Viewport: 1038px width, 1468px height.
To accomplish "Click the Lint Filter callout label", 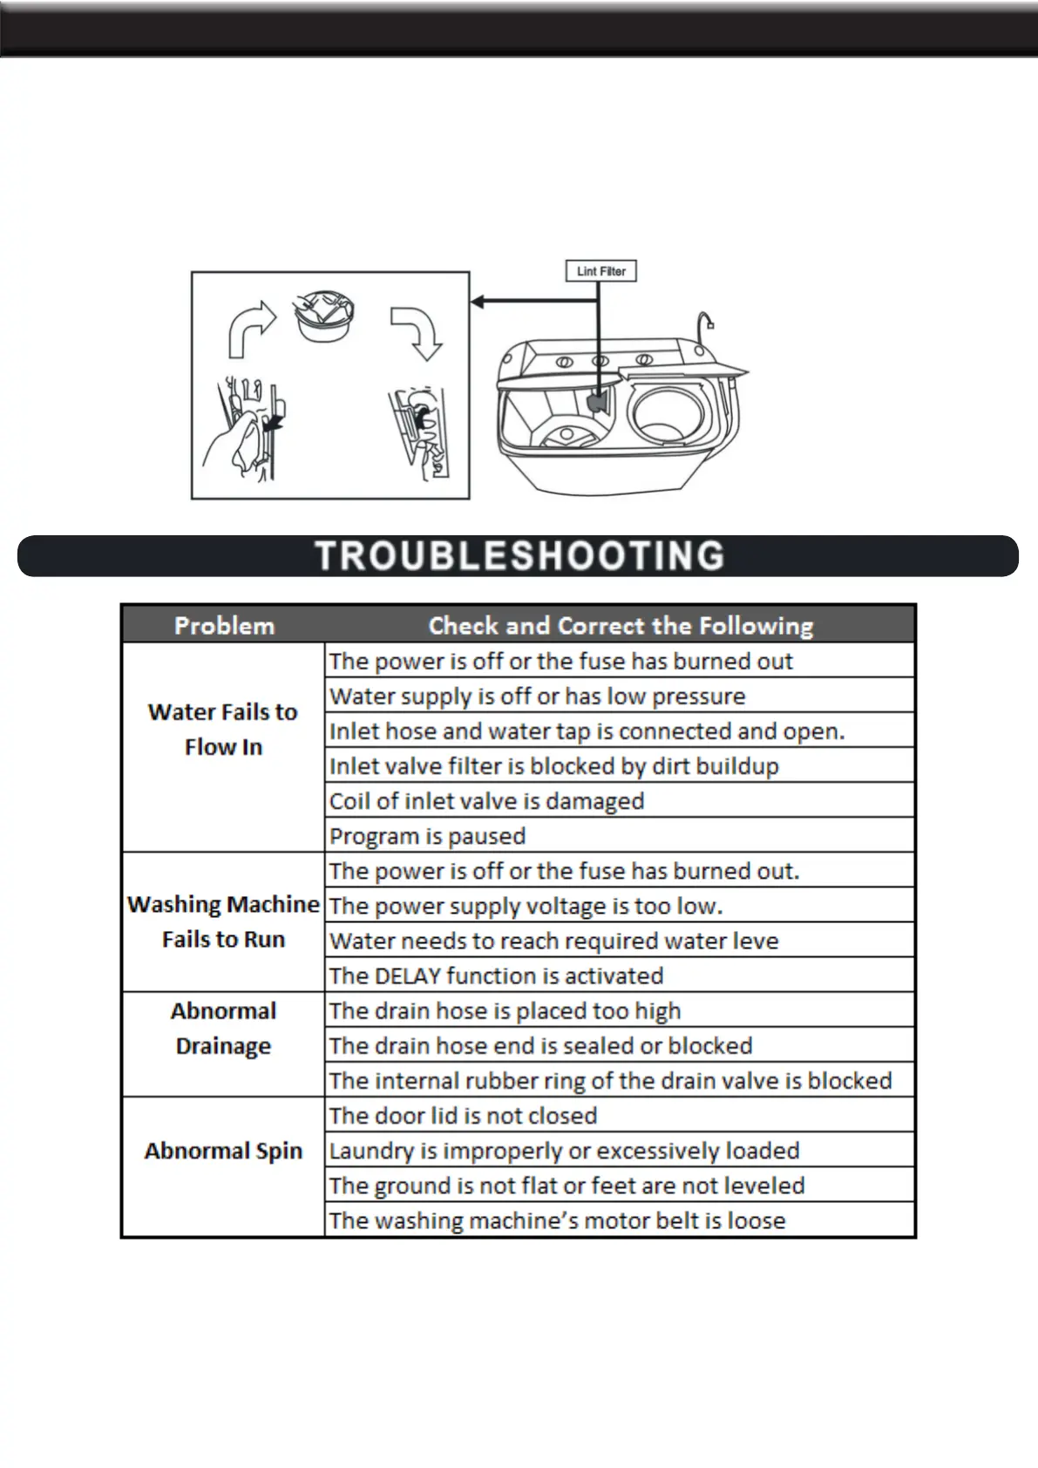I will point(601,271).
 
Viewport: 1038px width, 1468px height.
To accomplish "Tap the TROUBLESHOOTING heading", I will point(519,556).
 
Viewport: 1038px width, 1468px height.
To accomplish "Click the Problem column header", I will point(224,626).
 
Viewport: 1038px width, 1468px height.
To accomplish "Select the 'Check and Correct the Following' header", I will point(620,626).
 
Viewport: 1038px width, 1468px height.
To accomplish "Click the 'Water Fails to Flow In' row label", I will point(223,730).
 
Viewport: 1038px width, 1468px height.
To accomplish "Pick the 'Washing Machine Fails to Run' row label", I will point(223,921).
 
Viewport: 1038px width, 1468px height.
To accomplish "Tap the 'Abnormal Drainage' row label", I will point(223,1028).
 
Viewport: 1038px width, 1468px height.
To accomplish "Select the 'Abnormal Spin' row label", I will point(223,1151).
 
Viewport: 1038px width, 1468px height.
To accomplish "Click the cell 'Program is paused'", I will point(427,836).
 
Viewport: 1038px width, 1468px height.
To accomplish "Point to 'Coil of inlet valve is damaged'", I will point(486,801).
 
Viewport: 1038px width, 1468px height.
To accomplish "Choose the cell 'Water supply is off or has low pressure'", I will point(537,697).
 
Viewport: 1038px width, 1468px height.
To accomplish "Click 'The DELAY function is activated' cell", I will point(496,975).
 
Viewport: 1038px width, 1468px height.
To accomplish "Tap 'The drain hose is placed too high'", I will point(505,1011).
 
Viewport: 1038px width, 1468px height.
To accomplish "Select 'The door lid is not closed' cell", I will point(463,1116).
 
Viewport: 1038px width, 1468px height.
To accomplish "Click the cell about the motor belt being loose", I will point(557,1220).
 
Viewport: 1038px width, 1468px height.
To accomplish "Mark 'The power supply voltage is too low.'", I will point(526,906).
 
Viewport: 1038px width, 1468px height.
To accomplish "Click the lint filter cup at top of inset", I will point(325,316).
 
